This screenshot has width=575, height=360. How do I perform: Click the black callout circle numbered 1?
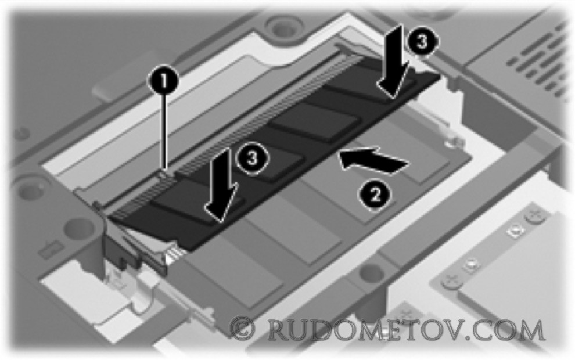tap(163, 81)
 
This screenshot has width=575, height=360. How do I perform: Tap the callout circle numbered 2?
tap(375, 195)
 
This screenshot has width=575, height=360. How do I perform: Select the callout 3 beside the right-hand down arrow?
tap(422, 42)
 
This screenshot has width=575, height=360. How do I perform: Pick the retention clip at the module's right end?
tap(452, 110)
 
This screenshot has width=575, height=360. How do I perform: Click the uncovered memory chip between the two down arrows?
tap(315, 121)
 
